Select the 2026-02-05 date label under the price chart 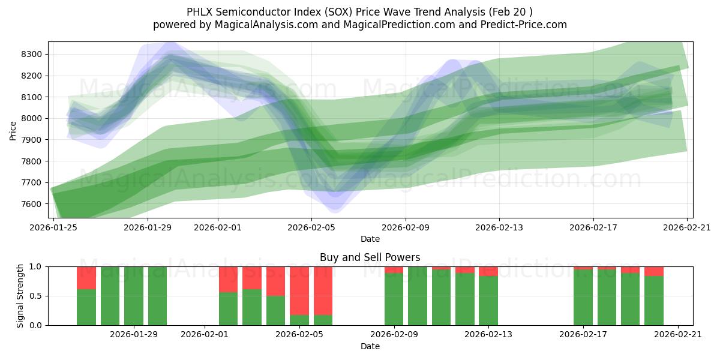click(x=311, y=227)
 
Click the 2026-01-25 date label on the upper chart click(x=54, y=227)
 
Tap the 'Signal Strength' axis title click(x=20, y=296)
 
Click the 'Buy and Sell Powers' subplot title click(x=370, y=257)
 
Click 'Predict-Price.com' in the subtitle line click(x=520, y=25)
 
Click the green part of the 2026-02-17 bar click(x=583, y=298)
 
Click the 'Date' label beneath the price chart click(x=370, y=239)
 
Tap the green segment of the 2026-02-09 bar click(x=394, y=299)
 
